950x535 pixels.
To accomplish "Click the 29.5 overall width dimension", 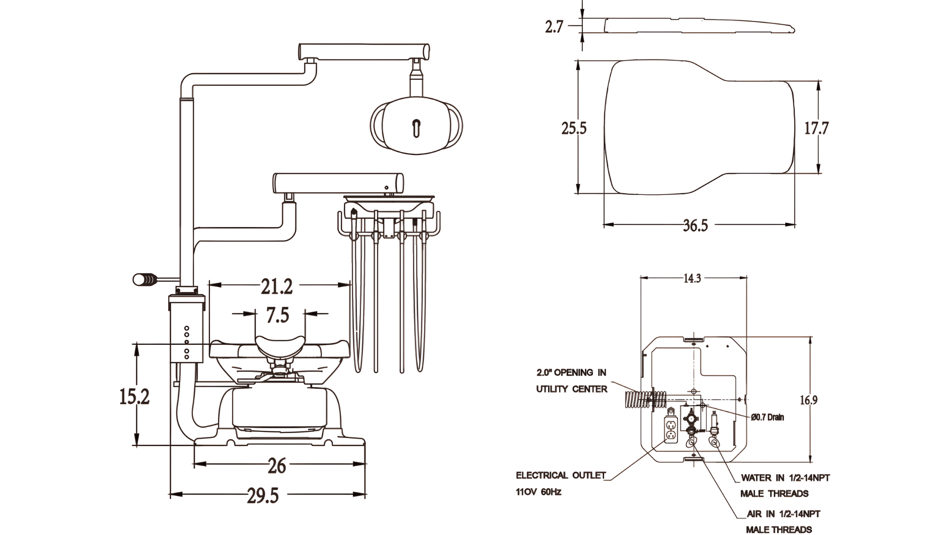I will click(263, 496).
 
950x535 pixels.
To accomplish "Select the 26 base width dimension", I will click(277, 466).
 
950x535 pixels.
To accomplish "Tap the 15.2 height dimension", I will click(134, 397).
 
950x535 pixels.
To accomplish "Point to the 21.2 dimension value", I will click(277, 286).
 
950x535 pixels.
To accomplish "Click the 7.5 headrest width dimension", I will click(278, 315).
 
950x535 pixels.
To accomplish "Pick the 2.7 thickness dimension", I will click(553, 27).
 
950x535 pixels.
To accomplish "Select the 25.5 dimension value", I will click(574, 128).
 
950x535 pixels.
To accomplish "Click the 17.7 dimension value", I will click(816, 128).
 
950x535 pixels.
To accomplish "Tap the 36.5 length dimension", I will click(695, 225).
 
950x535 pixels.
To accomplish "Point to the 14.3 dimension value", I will click(692, 279).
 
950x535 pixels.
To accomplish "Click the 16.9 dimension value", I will click(808, 400).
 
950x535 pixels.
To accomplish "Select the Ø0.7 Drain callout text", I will click(768, 418).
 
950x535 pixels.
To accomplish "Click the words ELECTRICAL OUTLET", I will click(560, 476).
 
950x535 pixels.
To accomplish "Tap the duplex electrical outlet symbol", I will click(670, 430).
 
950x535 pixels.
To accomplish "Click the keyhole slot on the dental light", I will click(417, 127).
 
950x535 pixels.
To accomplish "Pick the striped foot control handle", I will click(145, 280).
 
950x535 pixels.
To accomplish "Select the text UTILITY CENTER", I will click(572, 389).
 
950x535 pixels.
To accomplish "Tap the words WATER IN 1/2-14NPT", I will click(785, 478).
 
